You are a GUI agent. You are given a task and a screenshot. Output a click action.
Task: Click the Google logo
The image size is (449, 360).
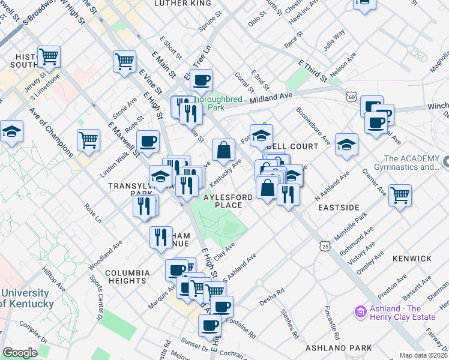[20, 353]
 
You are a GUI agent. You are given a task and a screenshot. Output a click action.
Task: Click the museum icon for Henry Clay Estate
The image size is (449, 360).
[360, 311]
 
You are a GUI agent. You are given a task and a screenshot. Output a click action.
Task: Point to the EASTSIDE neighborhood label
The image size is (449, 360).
[339, 208]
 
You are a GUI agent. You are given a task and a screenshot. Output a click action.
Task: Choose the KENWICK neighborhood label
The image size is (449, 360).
[412, 259]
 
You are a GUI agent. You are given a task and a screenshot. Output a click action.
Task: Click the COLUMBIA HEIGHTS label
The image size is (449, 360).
[126, 277]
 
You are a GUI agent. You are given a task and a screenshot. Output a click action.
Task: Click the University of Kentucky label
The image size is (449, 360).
[25, 298]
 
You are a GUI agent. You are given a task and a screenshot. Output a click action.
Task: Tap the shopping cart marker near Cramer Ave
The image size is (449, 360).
[400, 194]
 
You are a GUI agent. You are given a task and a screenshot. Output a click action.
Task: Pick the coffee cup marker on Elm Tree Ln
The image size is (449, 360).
[202, 79]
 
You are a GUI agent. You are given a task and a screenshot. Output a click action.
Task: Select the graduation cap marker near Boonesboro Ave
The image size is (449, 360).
[346, 145]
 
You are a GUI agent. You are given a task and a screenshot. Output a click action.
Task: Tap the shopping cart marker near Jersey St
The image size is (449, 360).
[49, 56]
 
